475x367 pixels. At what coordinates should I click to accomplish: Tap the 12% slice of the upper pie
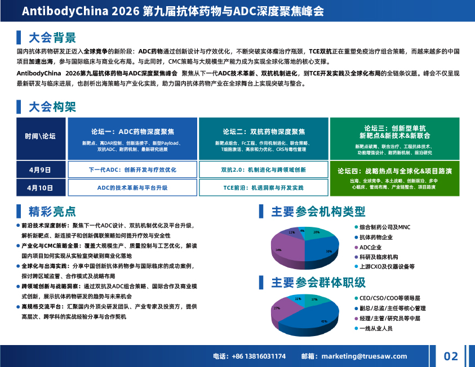tap(293, 233)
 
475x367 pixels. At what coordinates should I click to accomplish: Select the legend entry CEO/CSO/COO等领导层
tap(389, 298)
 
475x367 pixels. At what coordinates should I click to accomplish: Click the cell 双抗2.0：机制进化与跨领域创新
tap(263, 169)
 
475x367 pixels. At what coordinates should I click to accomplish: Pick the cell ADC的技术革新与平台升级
tap(132, 187)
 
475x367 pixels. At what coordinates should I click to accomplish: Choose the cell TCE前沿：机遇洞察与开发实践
tap(263, 187)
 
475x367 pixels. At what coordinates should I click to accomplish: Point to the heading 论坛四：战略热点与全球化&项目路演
tap(394, 171)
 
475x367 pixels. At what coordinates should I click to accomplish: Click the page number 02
tap(451, 356)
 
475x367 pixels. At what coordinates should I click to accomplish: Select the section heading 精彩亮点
tap(52, 212)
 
